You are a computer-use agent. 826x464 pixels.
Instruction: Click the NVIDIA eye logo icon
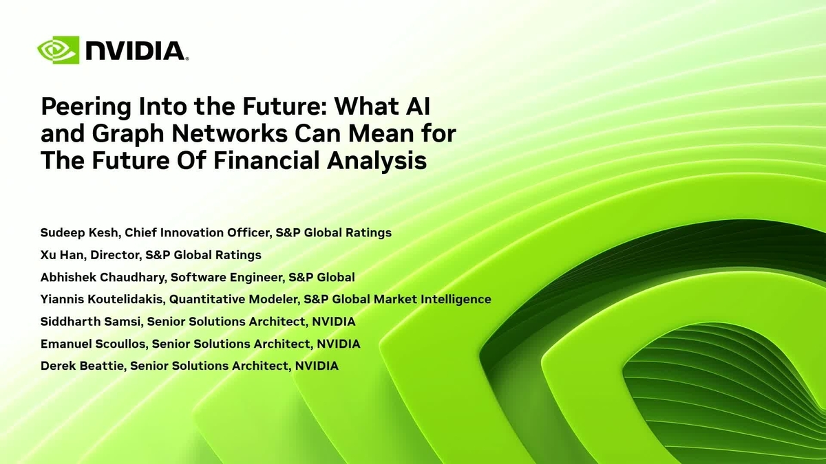pos(59,50)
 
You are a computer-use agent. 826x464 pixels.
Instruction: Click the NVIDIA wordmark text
pos(136,50)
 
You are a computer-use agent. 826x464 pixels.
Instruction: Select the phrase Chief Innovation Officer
pos(200,232)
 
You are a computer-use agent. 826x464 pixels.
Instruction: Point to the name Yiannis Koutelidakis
pos(103,299)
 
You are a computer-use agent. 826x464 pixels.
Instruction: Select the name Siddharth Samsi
pos(92,322)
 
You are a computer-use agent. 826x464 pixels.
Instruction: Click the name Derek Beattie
pos(83,366)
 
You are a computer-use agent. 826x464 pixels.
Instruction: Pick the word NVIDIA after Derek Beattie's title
pos(317,366)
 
